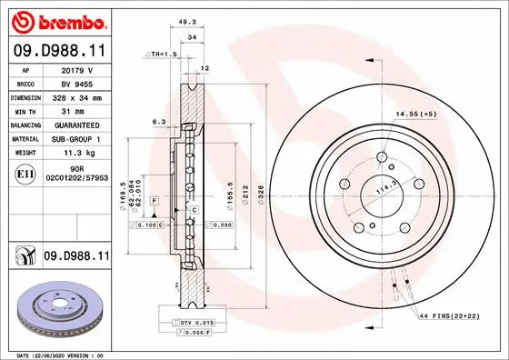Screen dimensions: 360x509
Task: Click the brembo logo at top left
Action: click(56, 20)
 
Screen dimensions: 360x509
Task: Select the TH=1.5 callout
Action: click(164, 55)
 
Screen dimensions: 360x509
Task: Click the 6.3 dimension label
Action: click(157, 122)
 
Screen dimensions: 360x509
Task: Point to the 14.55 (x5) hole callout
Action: click(415, 115)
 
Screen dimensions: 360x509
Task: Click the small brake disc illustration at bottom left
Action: click(56, 307)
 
